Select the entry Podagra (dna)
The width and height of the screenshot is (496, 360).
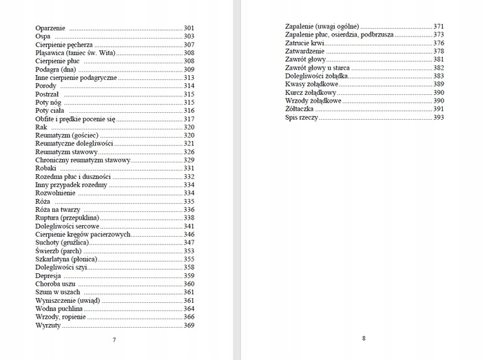coord(55,70)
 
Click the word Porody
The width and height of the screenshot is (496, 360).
coord(46,86)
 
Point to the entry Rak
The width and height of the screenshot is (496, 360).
coord(41,127)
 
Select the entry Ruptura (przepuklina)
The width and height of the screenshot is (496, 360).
coord(66,218)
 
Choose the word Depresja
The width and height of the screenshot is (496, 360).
coord(50,276)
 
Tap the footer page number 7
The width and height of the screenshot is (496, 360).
coord(114,340)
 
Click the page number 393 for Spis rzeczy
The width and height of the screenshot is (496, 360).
coord(438,118)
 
